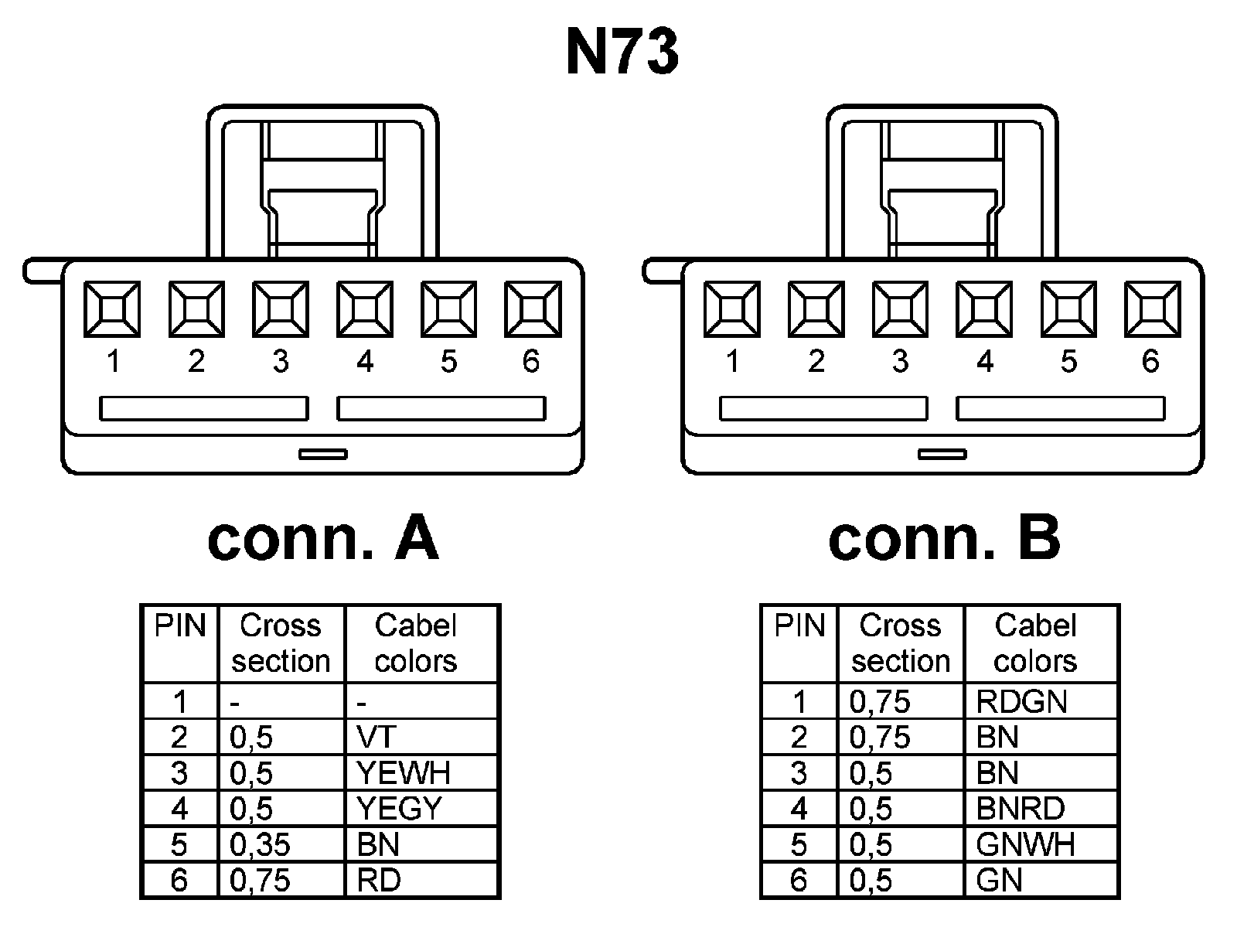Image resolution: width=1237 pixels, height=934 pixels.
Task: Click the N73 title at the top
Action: (622, 53)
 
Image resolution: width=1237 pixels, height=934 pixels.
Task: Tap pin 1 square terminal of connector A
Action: (112, 309)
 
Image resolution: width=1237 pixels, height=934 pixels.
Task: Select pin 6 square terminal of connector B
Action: (1153, 309)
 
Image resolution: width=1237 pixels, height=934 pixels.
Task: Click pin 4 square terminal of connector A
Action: (364, 309)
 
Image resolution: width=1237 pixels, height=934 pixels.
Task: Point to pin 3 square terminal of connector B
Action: (901, 309)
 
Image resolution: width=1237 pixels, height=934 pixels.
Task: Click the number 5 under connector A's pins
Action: (448, 361)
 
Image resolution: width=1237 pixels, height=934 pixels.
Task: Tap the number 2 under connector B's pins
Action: (816, 361)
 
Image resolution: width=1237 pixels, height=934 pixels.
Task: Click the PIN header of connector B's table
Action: (799, 626)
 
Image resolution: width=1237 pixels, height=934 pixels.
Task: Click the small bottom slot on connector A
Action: (323, 454)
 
